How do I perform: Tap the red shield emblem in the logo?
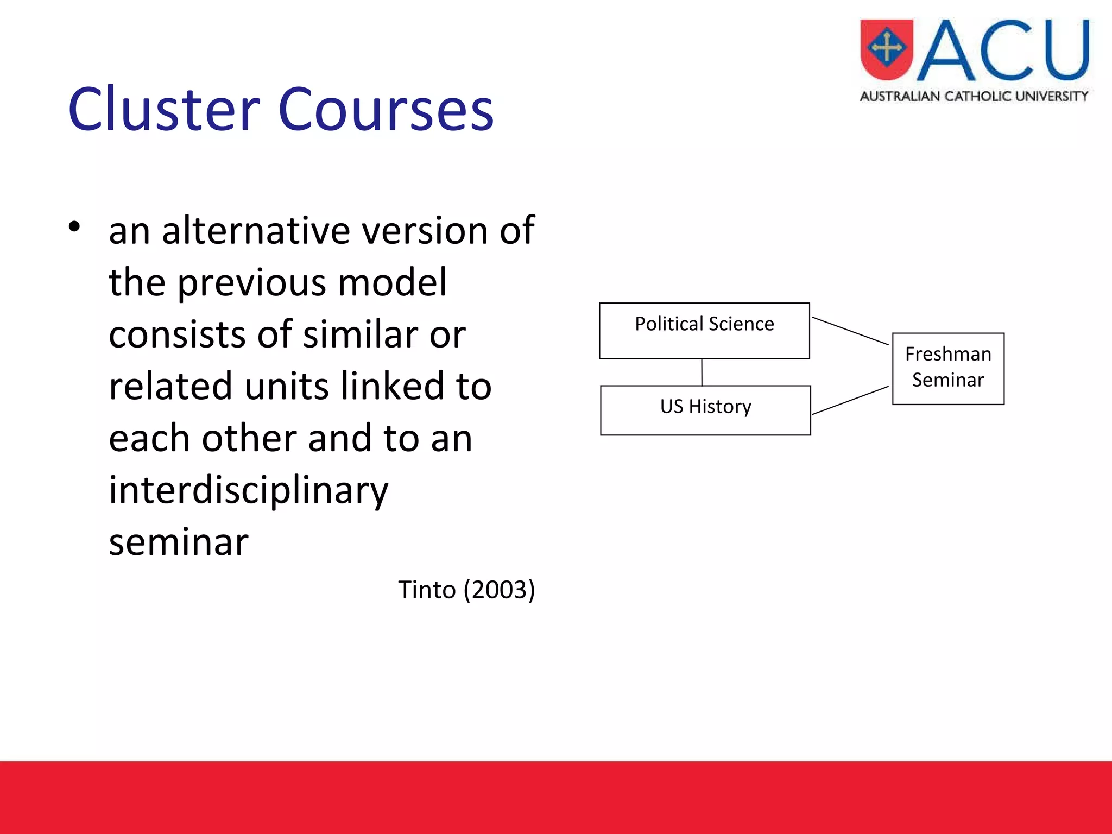(x=887, y=49)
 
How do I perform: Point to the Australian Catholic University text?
(x=974, y=97)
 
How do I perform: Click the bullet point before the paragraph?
(x=74, y=226)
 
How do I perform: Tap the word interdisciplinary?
(x=249, y=490)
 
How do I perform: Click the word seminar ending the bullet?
(x=179, y=542)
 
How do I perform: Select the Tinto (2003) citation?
(x=466, y=590)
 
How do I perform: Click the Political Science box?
(x=704, y=331)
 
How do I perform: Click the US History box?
(x=705, y=410)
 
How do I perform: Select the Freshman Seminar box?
(x=948, y=368)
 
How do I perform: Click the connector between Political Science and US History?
(x=702, y=372)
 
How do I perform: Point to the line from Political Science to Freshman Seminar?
(x=850, y=331)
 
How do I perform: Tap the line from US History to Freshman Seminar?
(x=850, y=401)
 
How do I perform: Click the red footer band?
(x=556, y=797)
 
